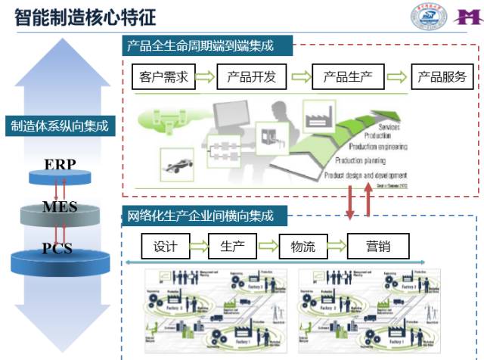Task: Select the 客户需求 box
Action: point(164,76)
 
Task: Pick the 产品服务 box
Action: point(442,76)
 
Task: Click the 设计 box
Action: point(165,246)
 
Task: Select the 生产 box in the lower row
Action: point(231,246)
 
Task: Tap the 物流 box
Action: point(302,246)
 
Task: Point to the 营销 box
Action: point(378,246)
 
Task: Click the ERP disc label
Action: point(60,165)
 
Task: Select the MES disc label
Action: point(60,206)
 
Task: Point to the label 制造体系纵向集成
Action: point(60,126)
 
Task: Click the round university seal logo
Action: point(429,17)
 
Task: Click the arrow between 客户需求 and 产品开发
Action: point(206,76)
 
